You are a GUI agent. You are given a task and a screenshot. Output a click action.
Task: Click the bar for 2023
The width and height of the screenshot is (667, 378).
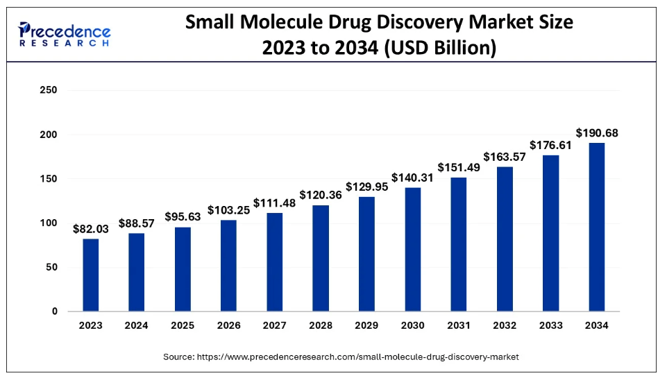[91, 275]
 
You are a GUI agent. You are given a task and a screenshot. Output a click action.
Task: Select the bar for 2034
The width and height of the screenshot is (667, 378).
[597, 227]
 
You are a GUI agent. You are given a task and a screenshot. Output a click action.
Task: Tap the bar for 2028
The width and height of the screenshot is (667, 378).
[321, 259]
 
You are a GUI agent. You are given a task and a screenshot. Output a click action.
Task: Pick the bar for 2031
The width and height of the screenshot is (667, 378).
[459, 245]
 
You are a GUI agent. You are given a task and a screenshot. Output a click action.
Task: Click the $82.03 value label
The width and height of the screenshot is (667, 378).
[91, 228]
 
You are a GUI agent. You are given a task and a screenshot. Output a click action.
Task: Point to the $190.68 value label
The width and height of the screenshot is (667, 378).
[597, 132]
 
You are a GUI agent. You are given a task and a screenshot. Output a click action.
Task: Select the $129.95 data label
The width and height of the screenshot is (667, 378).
[366, 187]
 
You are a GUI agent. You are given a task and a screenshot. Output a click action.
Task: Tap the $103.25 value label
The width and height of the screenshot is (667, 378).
[228, 209]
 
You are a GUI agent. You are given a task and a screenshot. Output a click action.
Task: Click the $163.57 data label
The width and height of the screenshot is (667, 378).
[505, 156]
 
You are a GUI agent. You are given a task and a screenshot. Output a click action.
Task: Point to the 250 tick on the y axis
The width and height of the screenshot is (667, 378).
[49, 90]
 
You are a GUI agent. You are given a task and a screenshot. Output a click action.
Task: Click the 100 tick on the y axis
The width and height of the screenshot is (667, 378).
[49, 223]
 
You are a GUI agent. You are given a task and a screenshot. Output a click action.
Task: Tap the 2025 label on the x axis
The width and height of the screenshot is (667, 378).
[183, 325]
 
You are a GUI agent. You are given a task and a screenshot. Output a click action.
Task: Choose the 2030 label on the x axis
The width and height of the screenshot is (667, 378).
[412, 325]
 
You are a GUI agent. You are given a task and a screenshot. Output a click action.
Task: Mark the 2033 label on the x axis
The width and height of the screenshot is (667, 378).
[550, 325]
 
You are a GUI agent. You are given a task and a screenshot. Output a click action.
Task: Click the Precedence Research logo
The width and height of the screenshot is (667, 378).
[65, 34]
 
